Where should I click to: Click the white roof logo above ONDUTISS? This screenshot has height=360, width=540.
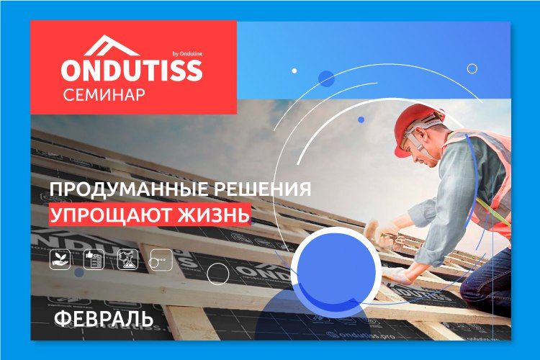point(111,45)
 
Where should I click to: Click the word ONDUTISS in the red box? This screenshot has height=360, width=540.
point(132,70)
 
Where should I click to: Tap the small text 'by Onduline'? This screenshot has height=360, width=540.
point(187,53)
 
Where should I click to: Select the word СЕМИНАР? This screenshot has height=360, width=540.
point(104,95)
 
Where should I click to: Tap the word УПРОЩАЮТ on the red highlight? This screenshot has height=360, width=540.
point(110,215)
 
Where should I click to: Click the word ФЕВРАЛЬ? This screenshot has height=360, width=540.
point(104,319)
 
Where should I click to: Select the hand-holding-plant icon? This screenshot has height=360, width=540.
point(60,259)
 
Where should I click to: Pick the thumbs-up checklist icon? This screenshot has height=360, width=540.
point(94,259)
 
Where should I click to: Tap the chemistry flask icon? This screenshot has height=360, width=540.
point(127,259)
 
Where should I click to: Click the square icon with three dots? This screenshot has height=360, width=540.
point(162,259)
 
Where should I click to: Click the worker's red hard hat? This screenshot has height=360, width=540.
point(417,127)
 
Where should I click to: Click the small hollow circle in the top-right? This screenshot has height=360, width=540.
point(472,68)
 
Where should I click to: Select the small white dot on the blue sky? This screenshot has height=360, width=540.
point(294,71)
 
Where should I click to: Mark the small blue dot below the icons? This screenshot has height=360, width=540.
point(79,272)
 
